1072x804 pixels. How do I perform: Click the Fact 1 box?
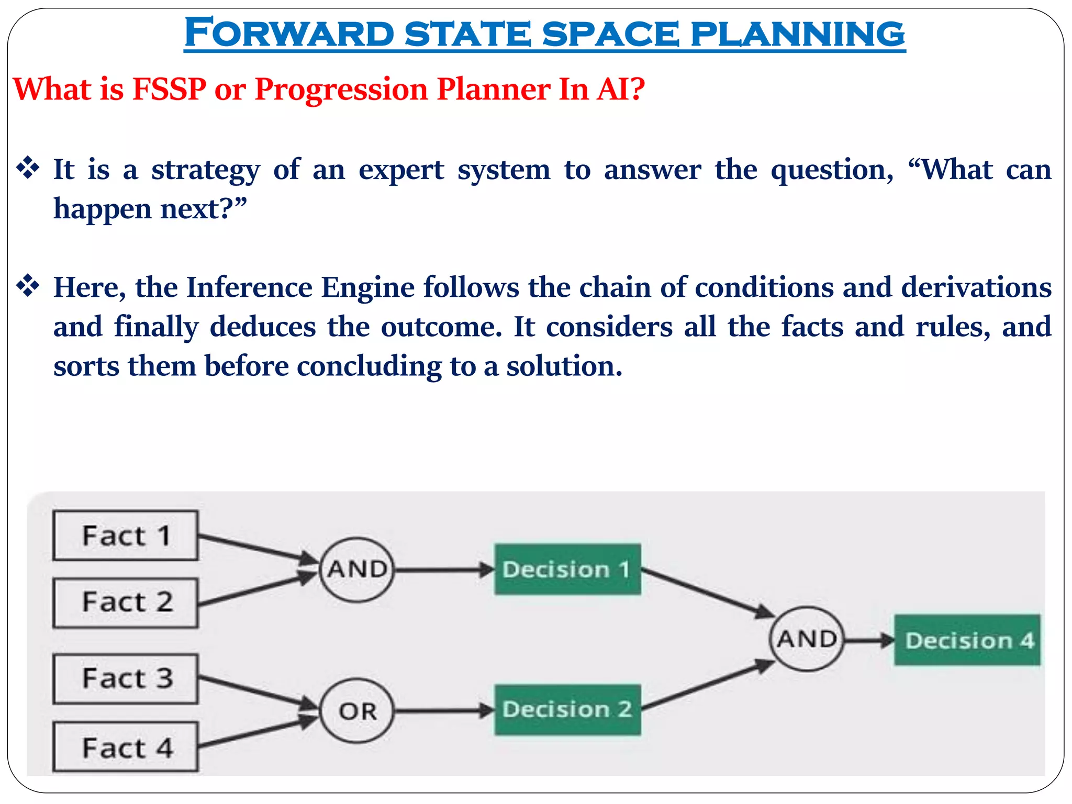coord(126,535)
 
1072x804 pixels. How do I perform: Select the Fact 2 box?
coord(126,602)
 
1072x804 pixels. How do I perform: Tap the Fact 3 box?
coord(126,678)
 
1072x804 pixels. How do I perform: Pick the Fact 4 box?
coord(126,747)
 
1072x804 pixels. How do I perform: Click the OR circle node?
coord(357,711)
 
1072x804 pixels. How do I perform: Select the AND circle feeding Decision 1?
coord(357,569)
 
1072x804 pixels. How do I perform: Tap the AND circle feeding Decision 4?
coord(807,639)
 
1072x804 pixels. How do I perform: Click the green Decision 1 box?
coord(567,569)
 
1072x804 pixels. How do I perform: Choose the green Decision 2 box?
coord(567,710)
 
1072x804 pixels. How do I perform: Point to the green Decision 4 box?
coord(967,640)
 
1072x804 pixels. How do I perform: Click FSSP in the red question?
coord(169,89)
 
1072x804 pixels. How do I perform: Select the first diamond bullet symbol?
coord(28,169)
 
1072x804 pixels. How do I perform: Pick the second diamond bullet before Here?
coord(28,286)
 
